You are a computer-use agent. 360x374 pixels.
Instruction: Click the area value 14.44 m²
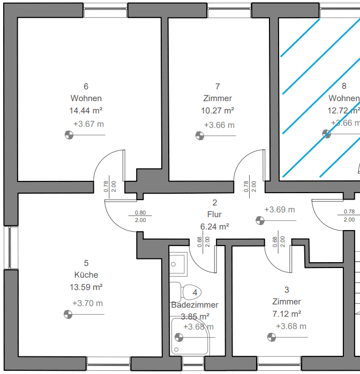[86, 111]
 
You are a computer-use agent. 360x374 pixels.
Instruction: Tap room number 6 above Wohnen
[86, 86]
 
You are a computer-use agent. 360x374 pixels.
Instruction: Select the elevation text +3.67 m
[88, 124]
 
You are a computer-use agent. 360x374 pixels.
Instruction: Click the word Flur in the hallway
[215, 214]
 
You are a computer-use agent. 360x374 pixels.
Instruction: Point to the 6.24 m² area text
[215, 226]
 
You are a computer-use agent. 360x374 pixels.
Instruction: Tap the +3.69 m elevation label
[280, 210]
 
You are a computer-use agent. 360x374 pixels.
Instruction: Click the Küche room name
[86, 275]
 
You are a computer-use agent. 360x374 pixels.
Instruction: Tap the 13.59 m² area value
[86, 287]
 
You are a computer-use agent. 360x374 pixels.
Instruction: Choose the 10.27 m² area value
[217, 111]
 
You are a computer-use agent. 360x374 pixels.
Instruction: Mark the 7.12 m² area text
[286, 314]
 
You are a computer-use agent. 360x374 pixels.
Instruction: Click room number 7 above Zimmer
[217, 86]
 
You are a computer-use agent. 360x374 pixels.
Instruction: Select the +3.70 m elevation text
[88, 303]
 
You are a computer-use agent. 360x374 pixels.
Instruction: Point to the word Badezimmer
[195, 304]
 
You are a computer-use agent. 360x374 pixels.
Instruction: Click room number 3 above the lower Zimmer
[287, 289]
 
